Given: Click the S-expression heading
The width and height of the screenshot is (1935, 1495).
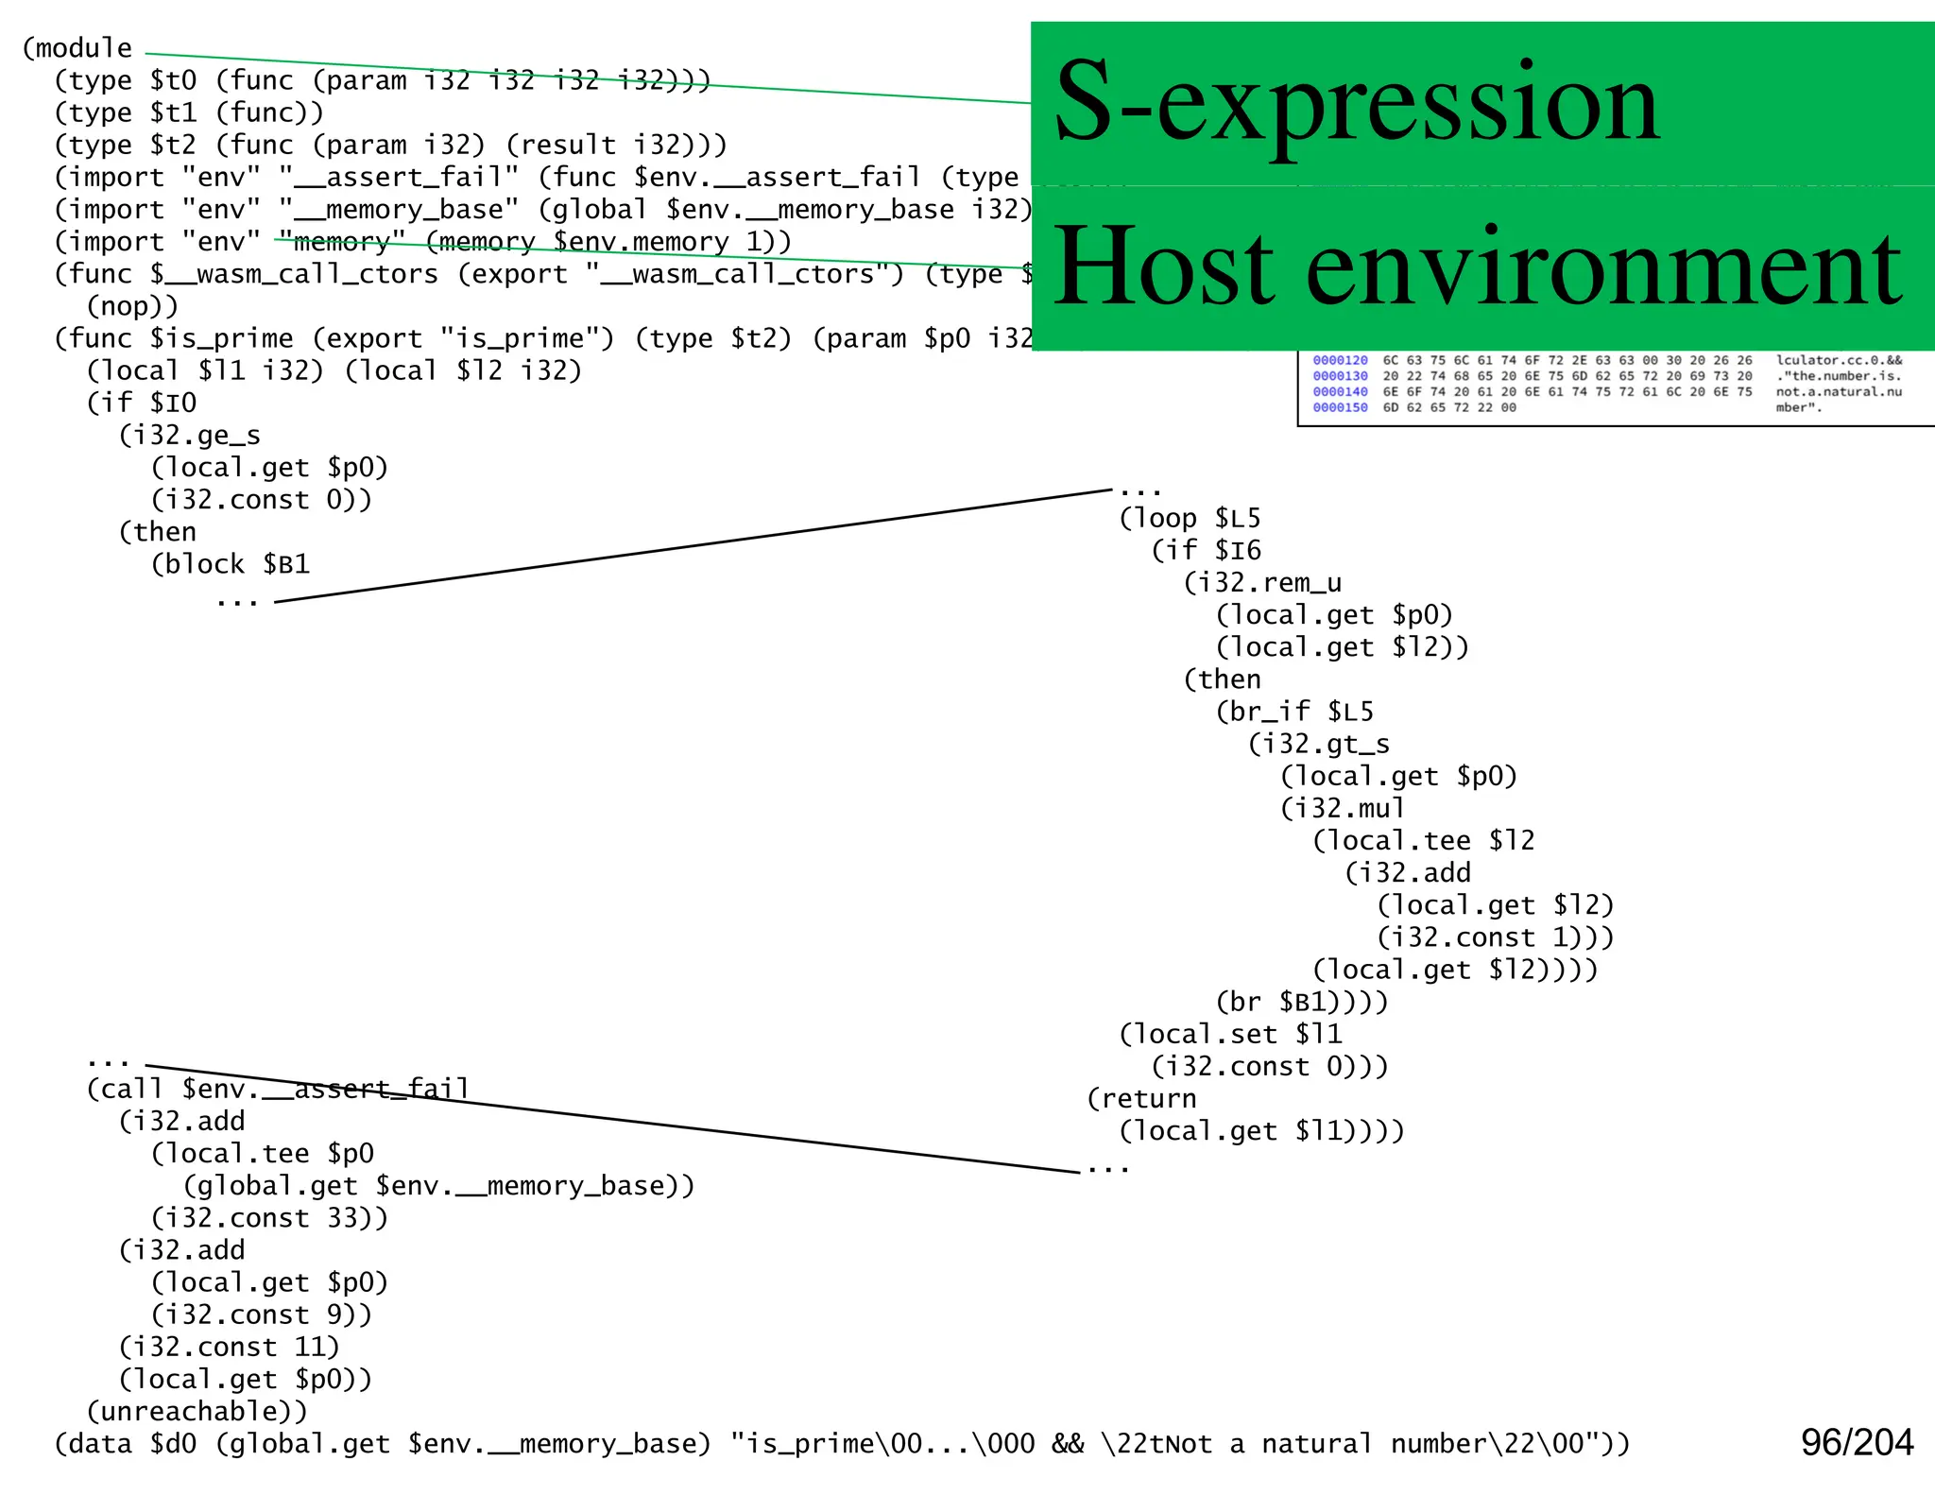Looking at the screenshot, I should [1356, 101].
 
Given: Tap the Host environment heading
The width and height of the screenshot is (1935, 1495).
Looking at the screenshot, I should [1477, 267].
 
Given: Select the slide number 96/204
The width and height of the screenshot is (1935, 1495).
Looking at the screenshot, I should [1856, 1443].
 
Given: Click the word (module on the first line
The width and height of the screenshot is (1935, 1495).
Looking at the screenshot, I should [77, 48].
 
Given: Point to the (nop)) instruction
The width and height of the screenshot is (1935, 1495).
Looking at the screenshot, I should [132, 306].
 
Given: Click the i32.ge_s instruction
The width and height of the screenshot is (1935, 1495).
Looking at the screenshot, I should [189, 436].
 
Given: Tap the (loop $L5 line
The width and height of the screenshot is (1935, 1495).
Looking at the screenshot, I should [1190, 518].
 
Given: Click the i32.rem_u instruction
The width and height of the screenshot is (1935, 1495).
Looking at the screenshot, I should [1262, 582].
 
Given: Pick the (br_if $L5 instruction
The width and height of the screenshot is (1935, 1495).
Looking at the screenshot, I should [1294, 712].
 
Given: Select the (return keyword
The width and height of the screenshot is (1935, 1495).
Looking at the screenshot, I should [1141, 1098].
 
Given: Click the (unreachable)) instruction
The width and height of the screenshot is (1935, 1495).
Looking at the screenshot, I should [197, 1411].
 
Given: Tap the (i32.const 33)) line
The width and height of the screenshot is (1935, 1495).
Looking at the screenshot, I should [269, 1218].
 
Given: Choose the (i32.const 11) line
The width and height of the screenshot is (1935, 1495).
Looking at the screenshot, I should [229, 1347].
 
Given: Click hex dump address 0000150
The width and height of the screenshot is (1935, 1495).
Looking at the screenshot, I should [1340, 408].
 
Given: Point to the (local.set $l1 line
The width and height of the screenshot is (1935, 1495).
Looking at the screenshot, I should [1230, 1034].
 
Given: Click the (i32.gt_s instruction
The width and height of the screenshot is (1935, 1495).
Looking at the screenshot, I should [1319, 744].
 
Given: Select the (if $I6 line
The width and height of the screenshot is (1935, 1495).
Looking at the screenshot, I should [1206, 550].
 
